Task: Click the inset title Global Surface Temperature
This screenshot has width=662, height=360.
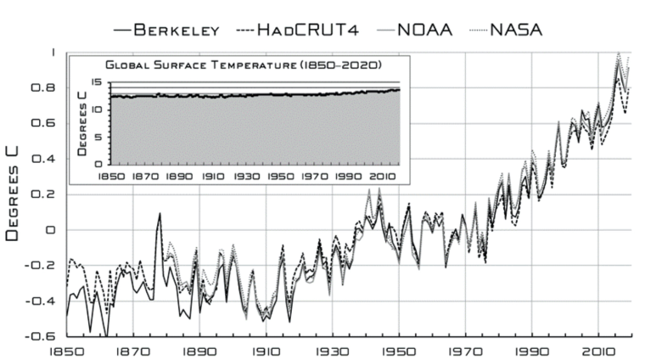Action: [x=242, y=65]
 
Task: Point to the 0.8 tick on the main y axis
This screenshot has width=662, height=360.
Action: [x=49, y=87]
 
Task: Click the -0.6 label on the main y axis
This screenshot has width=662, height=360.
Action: [x=46, y=336]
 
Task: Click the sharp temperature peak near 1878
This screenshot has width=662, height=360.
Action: [x=160, y=213]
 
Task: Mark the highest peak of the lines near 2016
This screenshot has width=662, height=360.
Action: [x=618, y=53]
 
